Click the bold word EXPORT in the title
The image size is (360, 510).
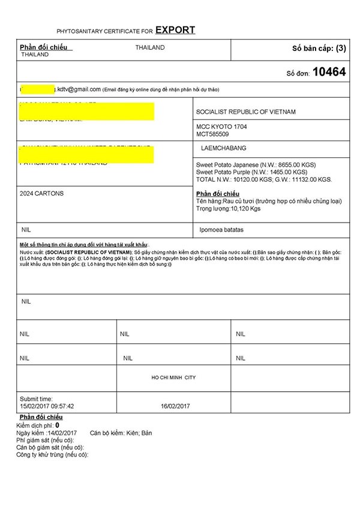point(175,30)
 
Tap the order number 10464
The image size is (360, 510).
point(329,72)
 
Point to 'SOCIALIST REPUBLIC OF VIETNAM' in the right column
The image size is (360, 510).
point(246,112)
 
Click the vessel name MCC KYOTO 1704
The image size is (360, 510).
point(221,127)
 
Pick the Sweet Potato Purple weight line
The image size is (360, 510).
point(252,172)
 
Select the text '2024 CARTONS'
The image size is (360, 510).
point(41,194)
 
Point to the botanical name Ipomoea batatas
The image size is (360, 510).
point(238,229)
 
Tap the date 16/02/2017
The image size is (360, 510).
point(175,406)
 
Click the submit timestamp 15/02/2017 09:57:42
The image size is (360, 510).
point(47,406)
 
